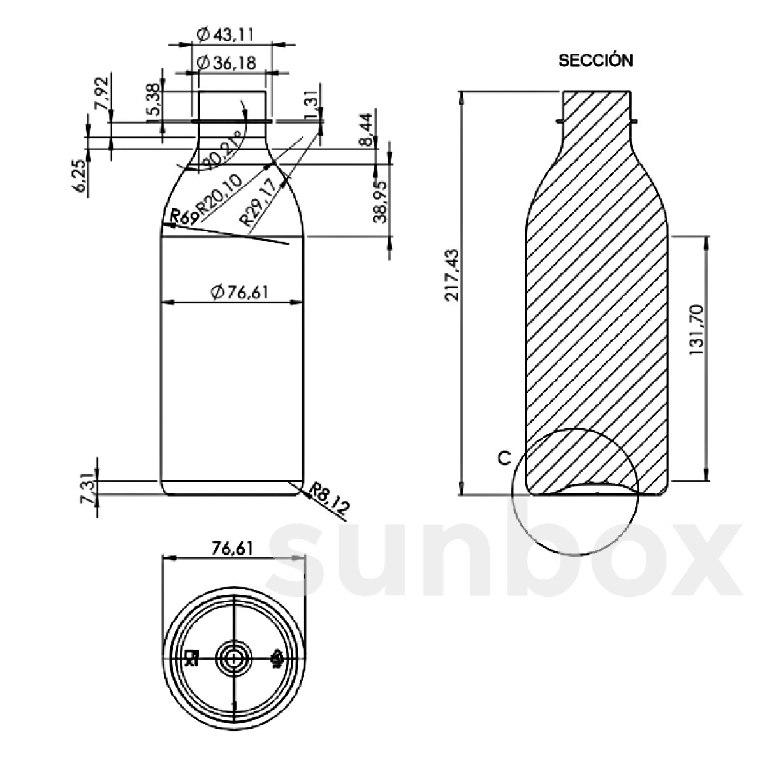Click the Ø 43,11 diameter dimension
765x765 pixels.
225,36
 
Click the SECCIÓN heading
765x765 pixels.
595,61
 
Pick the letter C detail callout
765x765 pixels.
504,458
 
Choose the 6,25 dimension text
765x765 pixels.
80,176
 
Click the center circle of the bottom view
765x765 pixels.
234,657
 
